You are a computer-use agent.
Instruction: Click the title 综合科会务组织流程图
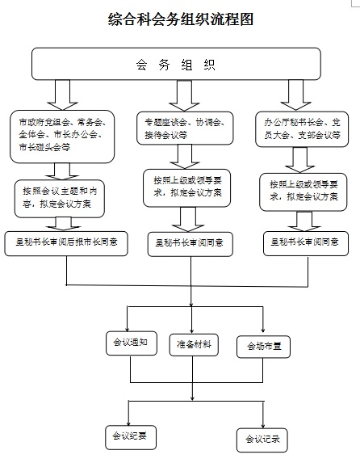point(180,19)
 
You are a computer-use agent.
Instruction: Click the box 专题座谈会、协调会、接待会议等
point(185,129)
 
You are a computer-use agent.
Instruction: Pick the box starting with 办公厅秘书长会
point(302,130)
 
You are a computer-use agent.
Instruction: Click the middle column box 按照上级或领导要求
point(185,188)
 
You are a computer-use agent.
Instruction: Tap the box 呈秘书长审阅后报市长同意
point(65,242)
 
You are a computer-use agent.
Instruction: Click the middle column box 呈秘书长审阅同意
point(186,242)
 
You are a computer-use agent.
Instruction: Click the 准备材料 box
point(194,344)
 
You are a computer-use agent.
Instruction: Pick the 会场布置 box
point(263,346)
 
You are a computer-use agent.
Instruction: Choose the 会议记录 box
point(262,439)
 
